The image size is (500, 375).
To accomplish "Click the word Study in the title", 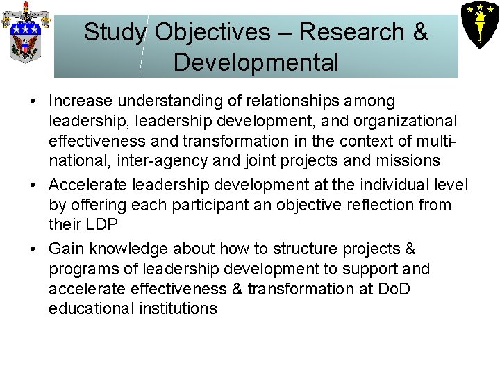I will coord(115,32).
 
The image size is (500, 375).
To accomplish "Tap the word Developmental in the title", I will coord(256,62).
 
